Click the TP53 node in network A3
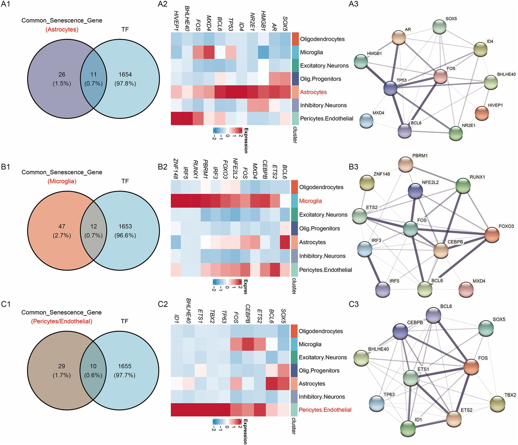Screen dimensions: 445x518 pos(391,88)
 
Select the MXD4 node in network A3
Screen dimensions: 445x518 pos(366,121)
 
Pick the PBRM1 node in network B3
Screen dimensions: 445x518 pos(406,164)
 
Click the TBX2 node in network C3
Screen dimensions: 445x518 pos(497,404)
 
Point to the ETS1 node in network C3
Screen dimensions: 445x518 pos(411,378)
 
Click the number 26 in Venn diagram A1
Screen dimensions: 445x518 pos(62,75)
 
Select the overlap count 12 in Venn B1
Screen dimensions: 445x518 pos(93,227)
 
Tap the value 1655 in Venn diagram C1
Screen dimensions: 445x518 pos(125,366)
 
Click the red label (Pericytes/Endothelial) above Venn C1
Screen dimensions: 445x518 pos(62,321)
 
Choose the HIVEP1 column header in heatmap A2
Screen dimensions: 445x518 pos(176,21)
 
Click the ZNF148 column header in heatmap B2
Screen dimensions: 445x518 pos(175,169)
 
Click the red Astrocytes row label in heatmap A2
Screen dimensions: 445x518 pos(313,92)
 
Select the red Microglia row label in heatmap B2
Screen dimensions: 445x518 pos(310,201)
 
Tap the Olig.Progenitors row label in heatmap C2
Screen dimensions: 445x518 pos(319,370)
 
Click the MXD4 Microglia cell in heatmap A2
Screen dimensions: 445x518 pos(209,52)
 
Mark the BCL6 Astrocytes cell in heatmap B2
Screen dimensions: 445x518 pos(284,242)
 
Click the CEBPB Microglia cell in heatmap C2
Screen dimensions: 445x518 pos(247,344)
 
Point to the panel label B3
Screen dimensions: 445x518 pos(353,167)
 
